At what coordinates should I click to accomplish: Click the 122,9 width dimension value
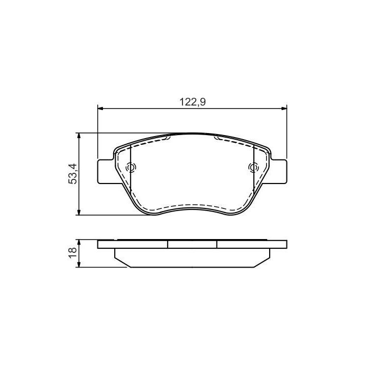[x=192, y=102]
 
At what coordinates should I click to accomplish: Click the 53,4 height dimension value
[x=73, y=174]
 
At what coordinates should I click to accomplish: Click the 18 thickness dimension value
[x=73, y=252]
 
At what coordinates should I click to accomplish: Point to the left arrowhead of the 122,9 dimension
[x=100, y=109]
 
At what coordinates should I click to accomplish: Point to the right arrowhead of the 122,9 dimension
[x=284, y=109]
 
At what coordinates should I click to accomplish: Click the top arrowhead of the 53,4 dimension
[x=79, y=136]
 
